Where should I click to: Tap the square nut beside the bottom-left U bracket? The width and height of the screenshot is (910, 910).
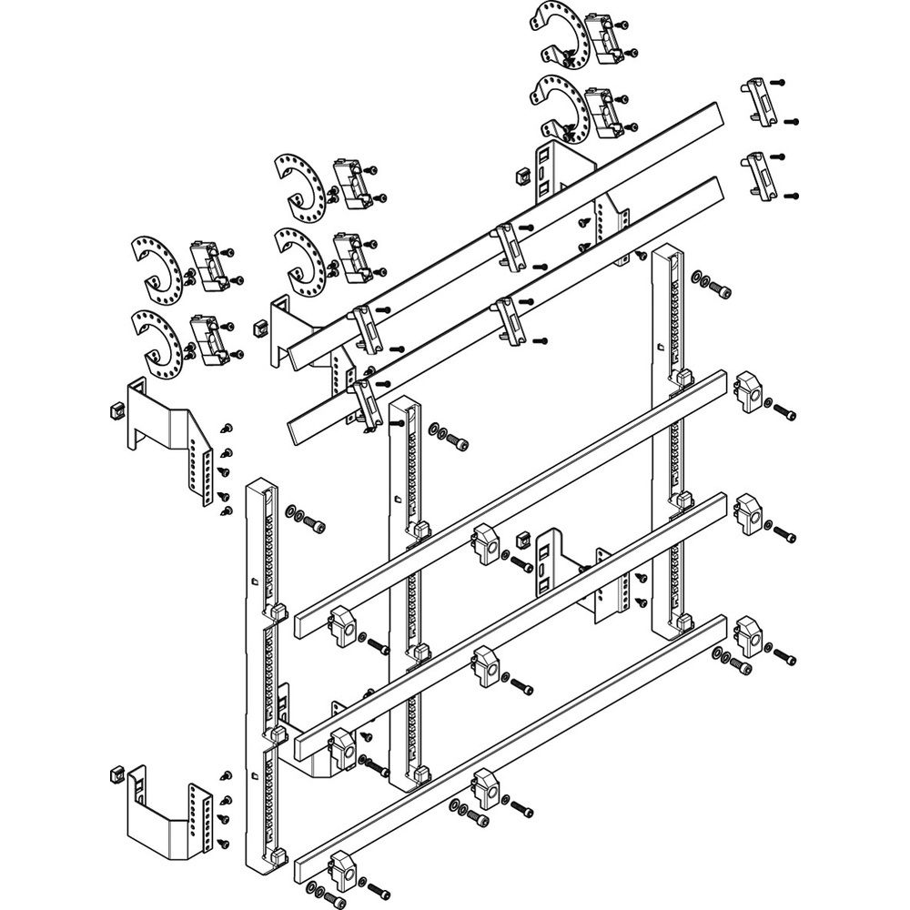[x=116, y=774]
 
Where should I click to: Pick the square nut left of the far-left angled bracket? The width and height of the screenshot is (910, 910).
[x=116, y=410]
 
